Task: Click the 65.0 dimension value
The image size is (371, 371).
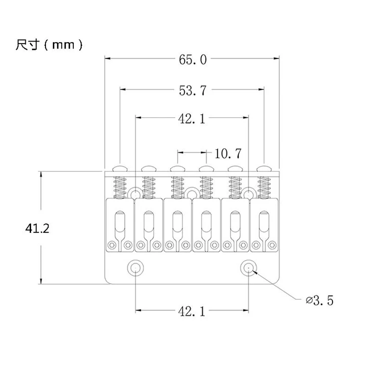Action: click(x=192, y=60)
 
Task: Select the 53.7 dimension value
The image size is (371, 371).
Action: click(x=192, y=91)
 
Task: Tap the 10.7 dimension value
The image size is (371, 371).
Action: click(x=228, y=153)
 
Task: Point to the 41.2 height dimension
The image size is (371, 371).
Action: click(x=38, y=229)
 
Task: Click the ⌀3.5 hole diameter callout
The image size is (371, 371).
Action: click(x=320, y=300)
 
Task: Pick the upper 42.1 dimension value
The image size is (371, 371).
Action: click(x=191, y=119)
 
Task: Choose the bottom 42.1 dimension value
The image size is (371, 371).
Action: click(x=191, y=311)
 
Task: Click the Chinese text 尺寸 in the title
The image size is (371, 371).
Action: click(x=27, y=45)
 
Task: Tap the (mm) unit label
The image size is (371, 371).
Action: click(x=63, y=45)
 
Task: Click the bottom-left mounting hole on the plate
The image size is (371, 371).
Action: click(x=136, y=268)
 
